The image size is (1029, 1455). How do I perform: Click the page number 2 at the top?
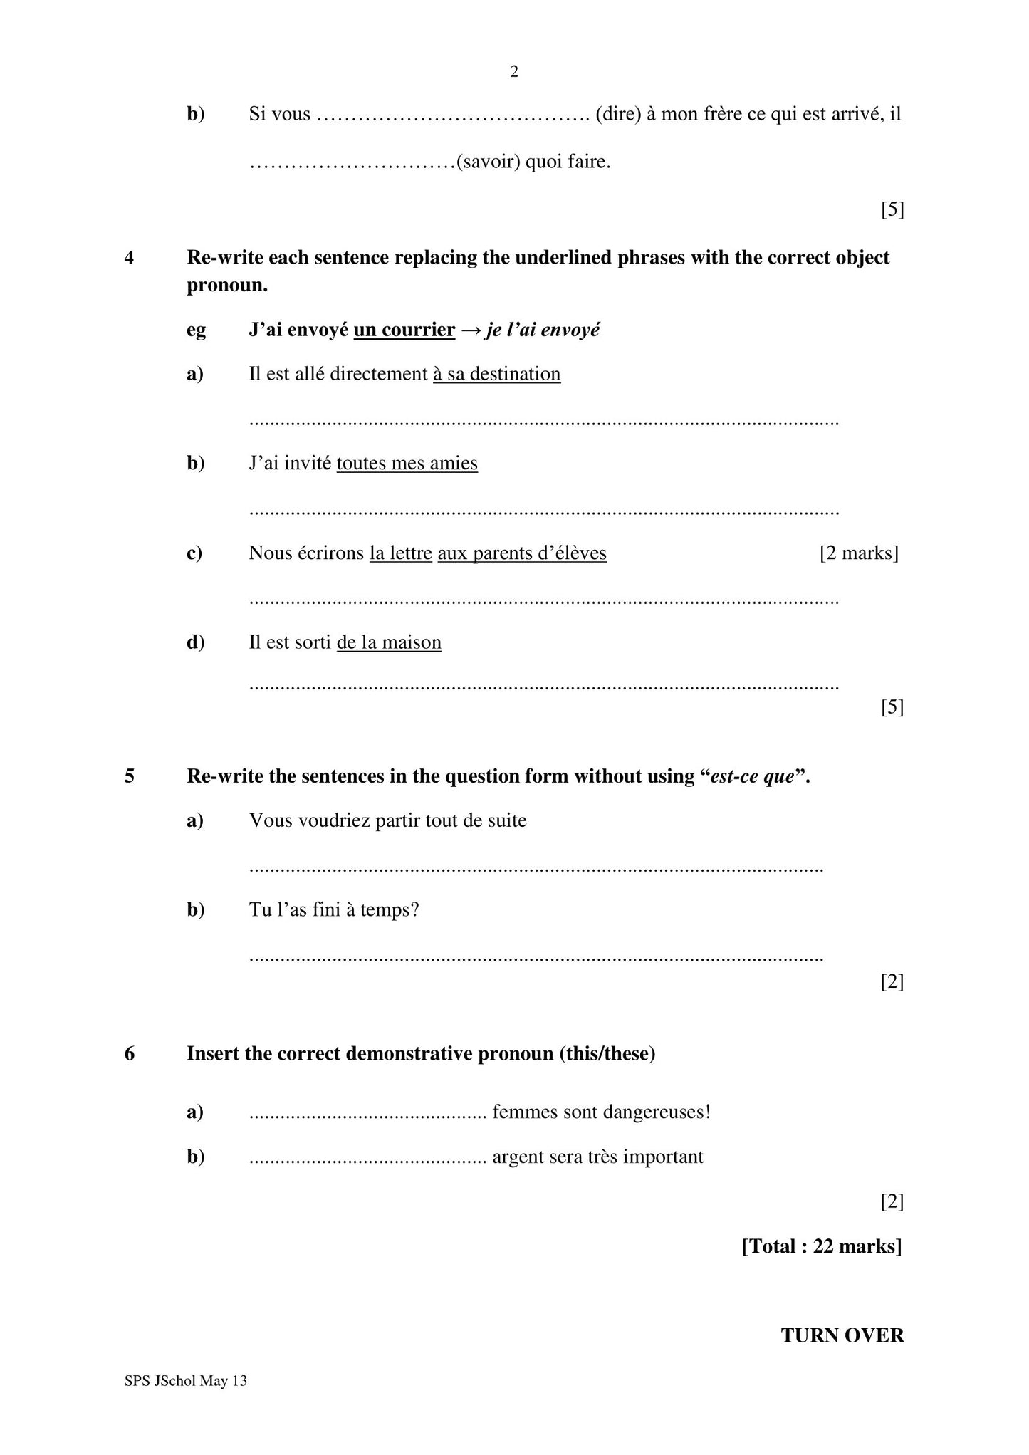pos(514,71)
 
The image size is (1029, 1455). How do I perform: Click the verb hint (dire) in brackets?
pos(617,114)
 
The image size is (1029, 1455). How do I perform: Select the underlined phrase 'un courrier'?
pos(404,330)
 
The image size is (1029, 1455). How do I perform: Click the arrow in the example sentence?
pos(470,330)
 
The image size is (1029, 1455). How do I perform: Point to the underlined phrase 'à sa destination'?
pos(496,374)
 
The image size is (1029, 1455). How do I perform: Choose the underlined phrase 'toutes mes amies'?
pos(407,463)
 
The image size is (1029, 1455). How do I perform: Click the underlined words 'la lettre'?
pos(400,553)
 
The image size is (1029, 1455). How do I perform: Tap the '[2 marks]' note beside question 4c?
pos(858,553)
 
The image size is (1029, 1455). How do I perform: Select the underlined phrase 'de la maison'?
pos(389,642)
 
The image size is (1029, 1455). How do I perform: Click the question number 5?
pos(130,776)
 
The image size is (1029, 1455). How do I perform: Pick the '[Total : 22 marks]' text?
pos(821,1246)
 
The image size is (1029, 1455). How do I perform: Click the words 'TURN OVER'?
pos(842,1335)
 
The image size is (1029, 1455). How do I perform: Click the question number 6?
pos(130,1053)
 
